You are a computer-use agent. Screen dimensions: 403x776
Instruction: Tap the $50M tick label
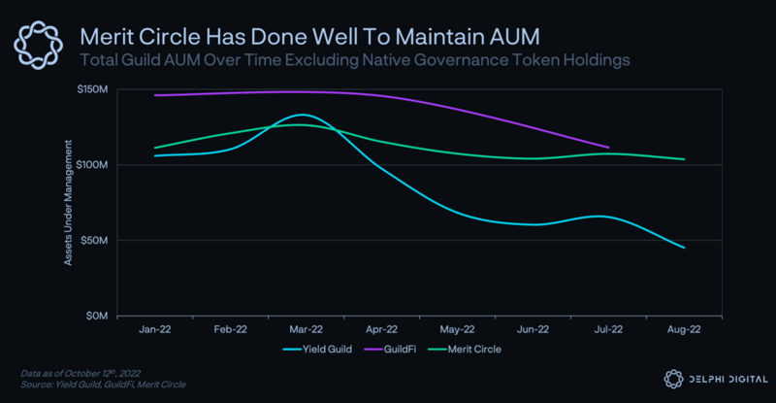coord(97,241)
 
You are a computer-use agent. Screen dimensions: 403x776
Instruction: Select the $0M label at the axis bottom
coord(99,317)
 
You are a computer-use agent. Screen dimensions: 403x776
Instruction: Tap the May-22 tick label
coord(457,330)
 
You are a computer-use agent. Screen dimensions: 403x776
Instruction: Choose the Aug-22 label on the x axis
coord(684,330)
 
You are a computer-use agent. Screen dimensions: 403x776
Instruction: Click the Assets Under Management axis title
coord(69,203)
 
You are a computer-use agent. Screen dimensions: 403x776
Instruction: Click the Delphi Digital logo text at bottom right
coord(718,378)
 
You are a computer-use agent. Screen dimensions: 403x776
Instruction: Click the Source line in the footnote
coord(103,385)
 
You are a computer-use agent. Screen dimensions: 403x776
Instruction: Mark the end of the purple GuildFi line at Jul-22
coord(607,148)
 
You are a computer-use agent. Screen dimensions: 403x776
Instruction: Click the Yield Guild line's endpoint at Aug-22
coord(684,248)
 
